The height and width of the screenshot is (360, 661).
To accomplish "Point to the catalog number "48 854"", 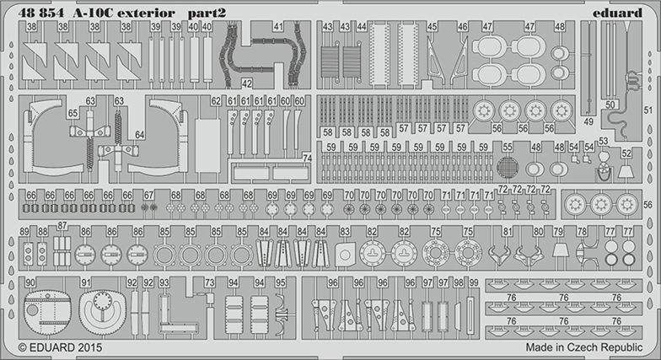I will coord(35,12).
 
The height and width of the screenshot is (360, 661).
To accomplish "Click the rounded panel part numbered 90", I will coord(45,313).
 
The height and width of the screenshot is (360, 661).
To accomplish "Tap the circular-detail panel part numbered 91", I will coord(103,313).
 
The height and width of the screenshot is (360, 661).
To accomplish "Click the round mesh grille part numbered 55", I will coord(506,168).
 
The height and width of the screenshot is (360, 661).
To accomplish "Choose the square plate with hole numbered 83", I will coord(344,252).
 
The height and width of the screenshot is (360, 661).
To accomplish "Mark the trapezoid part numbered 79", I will coord(558,250).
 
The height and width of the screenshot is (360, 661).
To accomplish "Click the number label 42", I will coord(247,84).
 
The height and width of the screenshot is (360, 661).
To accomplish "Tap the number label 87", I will coord(62,226).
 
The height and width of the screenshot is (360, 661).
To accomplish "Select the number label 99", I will coord(474,282).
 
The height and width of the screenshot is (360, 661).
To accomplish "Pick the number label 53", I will coord(603,142).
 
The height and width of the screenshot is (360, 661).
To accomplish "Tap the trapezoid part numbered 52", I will coord(626,171).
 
